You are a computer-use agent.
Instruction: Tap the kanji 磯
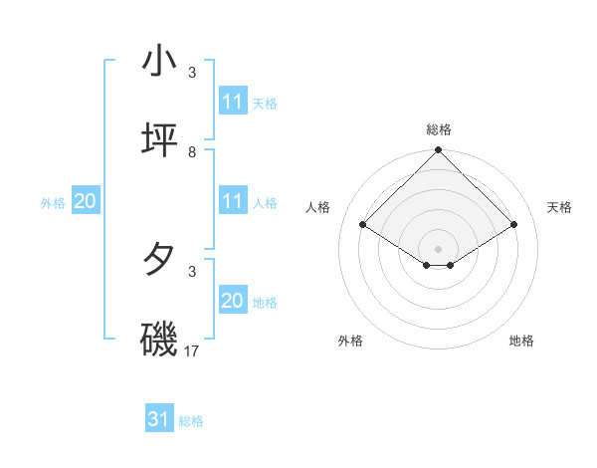pyautogui.click(x=159, y=340)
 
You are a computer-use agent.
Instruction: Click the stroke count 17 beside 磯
pyautogui.click(x=193, y=351)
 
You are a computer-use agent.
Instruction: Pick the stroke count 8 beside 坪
pyautogui.click(x=192, y=151)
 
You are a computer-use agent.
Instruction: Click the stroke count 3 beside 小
pyautogui.click(x=192, y=72)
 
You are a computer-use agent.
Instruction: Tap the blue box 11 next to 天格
pyautogui.click(x=233, y=102)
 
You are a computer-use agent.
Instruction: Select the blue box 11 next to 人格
pyautogui.click(x=233, y=201)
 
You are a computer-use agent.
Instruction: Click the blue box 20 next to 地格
pyautogui.click(x=233, y=301)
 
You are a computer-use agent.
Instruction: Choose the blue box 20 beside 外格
pyautogui.click(x=86, y=201)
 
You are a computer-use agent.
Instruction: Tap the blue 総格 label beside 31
pyautogui.click(x=192, y=421)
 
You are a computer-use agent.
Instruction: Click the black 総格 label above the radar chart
pyautogui.click(x=439, y=129)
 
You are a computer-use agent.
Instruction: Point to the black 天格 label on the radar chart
pyautogui.click(x=560, y=207)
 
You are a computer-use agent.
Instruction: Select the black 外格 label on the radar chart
pyautogui.click(x=350, y=341)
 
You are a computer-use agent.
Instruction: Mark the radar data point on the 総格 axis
pyautogui.click(x=439, y=151)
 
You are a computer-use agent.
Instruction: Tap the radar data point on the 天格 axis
pyautogui.click(x=514, y=225)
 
